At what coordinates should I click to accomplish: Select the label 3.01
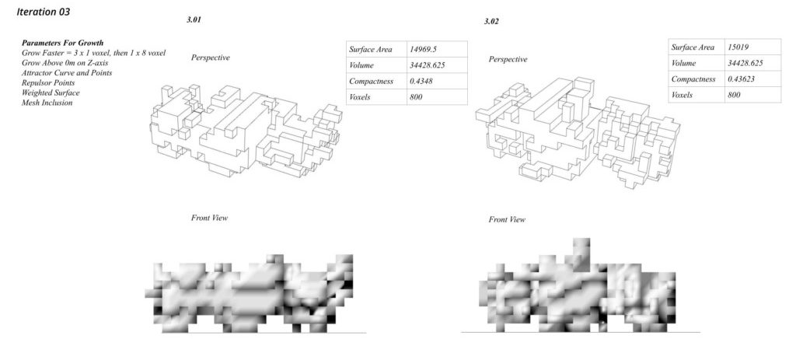tap(194, 18)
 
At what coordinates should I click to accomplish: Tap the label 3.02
tap(491, 21)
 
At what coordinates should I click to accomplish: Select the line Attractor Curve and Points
tap(67, 72)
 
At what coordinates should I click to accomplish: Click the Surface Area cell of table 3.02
tap(692, 47)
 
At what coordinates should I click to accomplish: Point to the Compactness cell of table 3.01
tap(372, 81)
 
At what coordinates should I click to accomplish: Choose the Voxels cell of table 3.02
tap(683, 95)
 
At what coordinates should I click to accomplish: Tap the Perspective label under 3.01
tap(211, 58)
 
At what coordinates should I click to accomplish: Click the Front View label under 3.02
tap(507, 220)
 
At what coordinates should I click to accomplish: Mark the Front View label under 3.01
tap(209, 218)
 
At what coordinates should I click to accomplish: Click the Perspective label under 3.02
tap(508, 60)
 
